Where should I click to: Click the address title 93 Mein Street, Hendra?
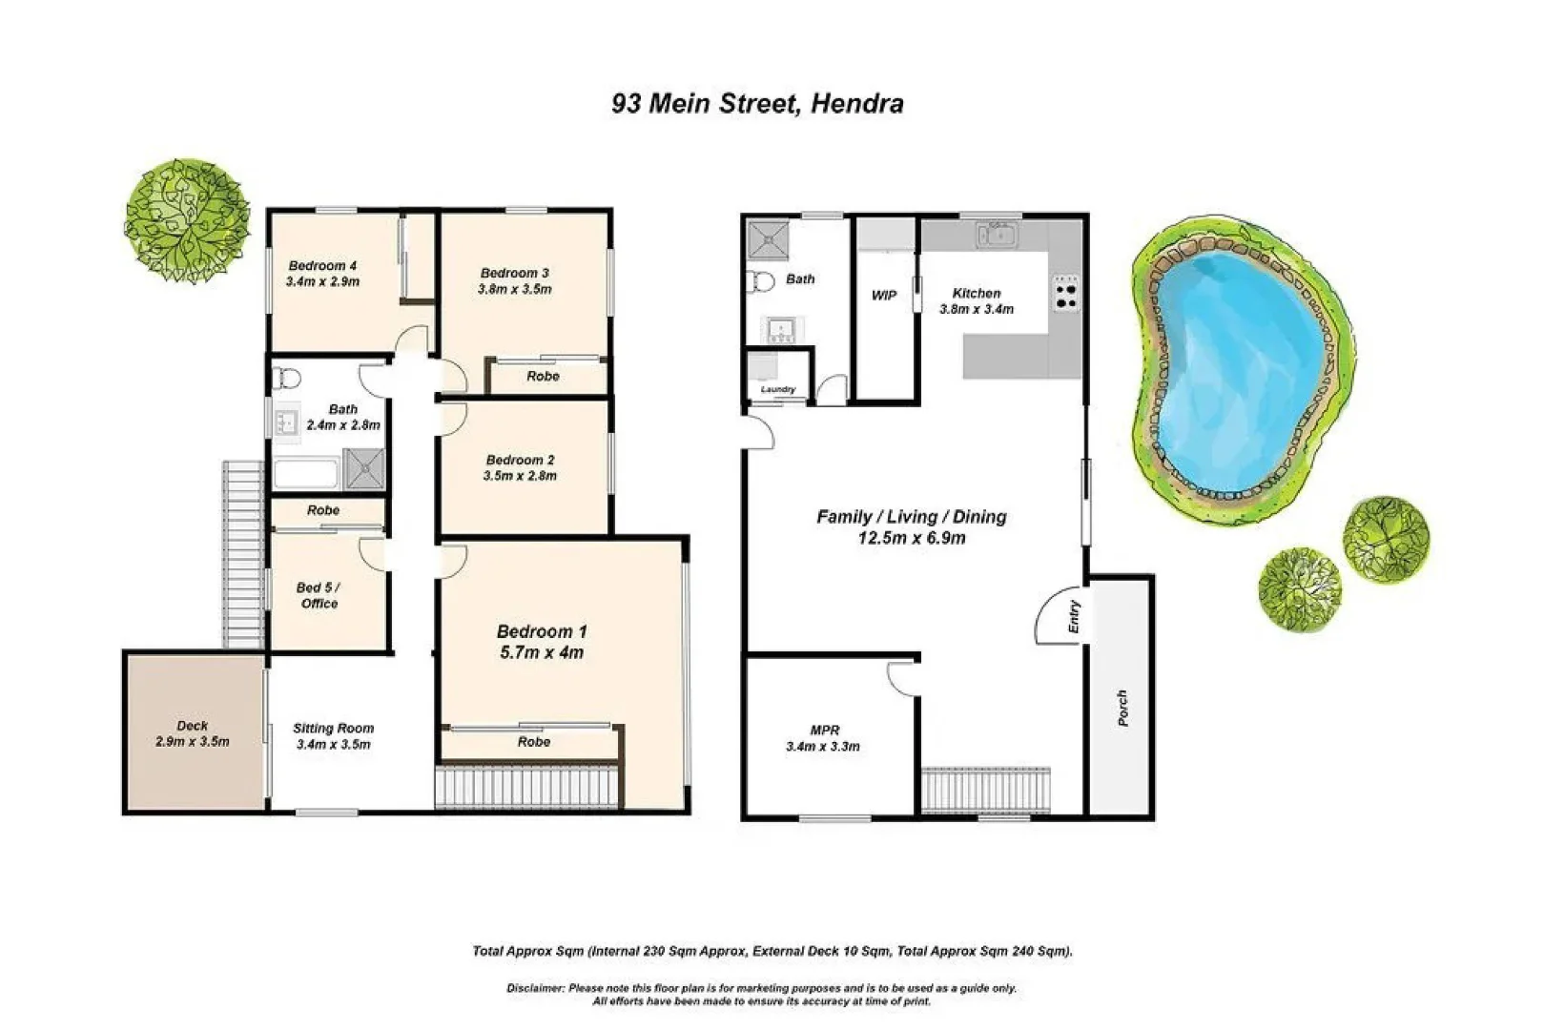click(x=757, y=104)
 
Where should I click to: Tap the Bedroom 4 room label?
click(x=322, y=266)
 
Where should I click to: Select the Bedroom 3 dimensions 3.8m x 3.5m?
click(x=514, y=289)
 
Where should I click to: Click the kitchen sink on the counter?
click(x=998, y=235)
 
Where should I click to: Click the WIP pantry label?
click(x=883, y=296)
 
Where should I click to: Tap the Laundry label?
click(x=778, y=390)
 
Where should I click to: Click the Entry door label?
click(x=1074, y=617)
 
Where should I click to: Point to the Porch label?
click(x=1122, y=708)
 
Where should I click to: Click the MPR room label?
click(x=825, y=731)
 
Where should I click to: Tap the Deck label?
click(x=192, y=726)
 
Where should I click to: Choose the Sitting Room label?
click(x=333, y=729)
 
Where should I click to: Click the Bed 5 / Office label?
click(x=319, y=595)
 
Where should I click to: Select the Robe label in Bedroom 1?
click(x=534, y=742)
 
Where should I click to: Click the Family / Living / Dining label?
click(x=911, y=517)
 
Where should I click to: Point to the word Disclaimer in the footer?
click(x=537, y=988)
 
